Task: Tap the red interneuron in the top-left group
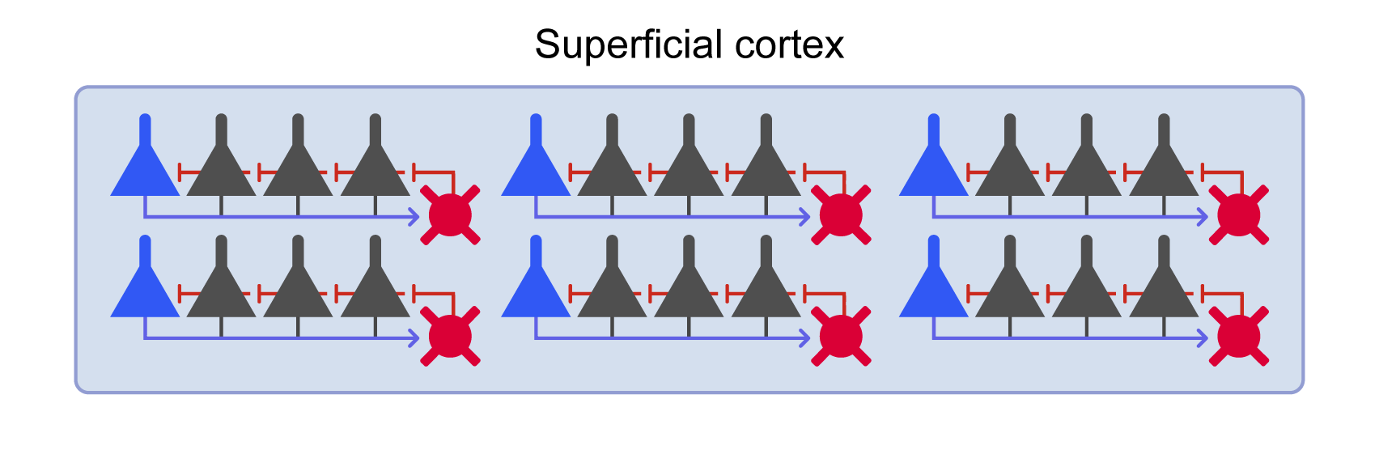[x=450, y=214]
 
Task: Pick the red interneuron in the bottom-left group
[x=450, y=336]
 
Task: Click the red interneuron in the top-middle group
[x=841, y=214]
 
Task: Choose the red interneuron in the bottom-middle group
[x=841, y=336]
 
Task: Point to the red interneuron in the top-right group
[x=1238, y=214]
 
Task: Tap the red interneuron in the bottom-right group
[x=1238, y=336]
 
